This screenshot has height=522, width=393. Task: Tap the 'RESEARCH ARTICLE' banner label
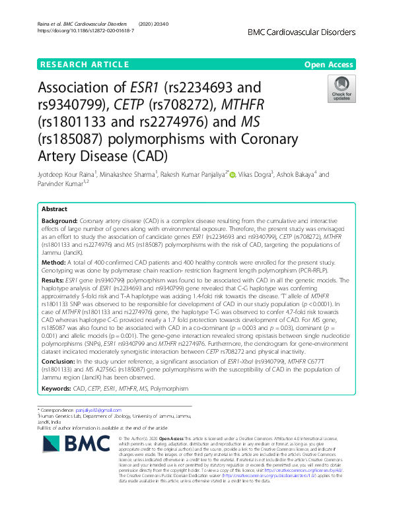click(x=85, y=65)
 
